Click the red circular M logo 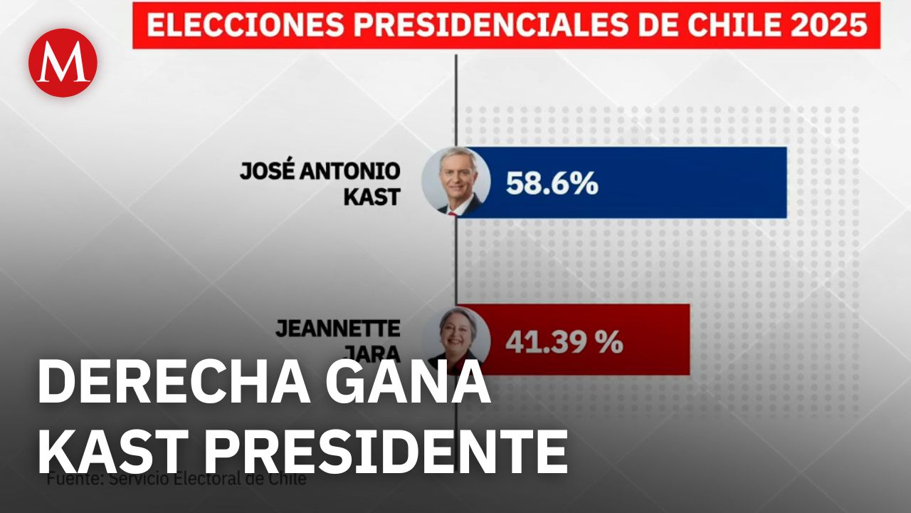pos(63,63)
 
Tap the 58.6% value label pos(552,184)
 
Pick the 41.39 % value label pos(564,343)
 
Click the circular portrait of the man pos(456,182)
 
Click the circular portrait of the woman pos(456,338)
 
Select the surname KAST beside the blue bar pos(372,197)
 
